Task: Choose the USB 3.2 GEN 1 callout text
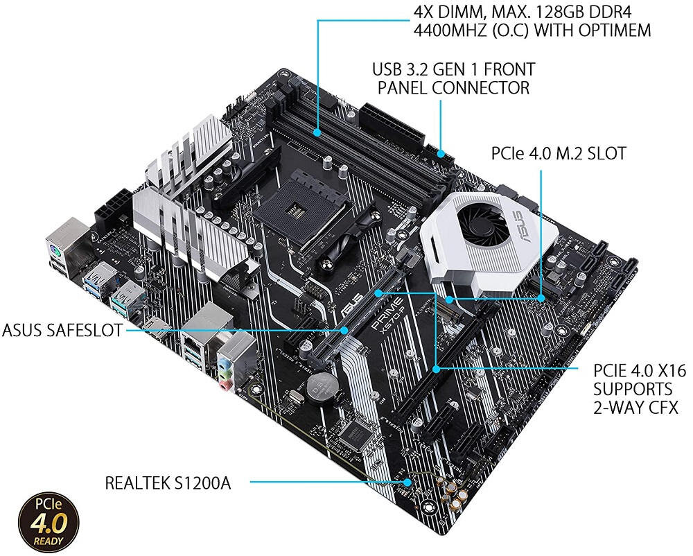coord(453,78)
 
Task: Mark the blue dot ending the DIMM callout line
coord(317,131)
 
